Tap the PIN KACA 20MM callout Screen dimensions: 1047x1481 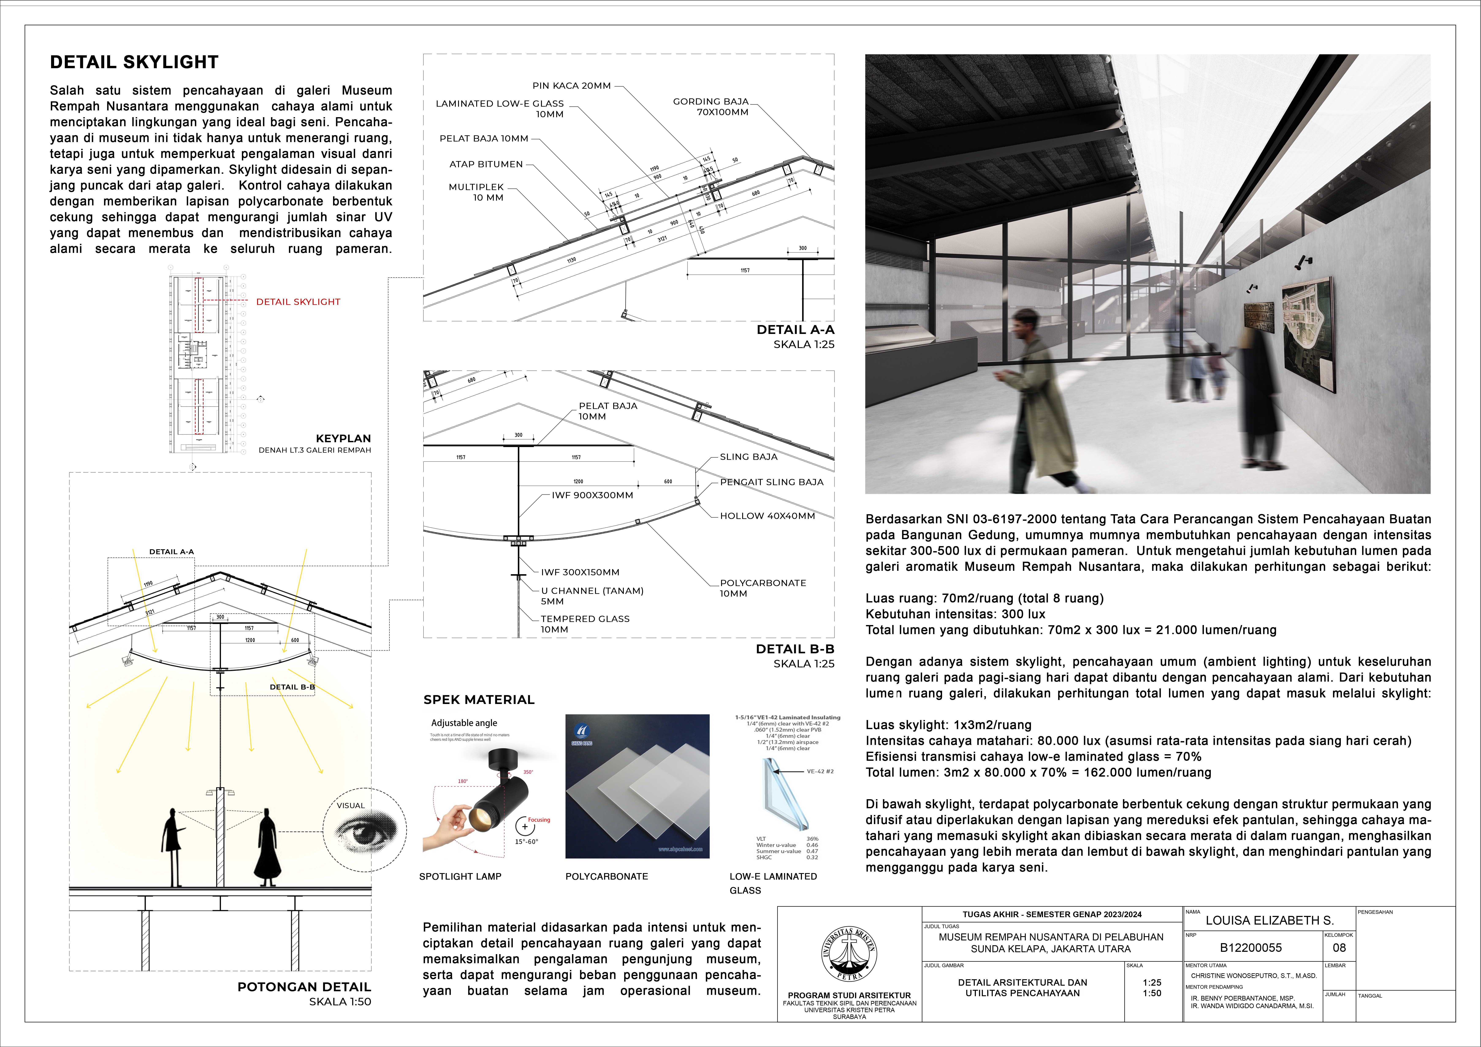(x=571, y=86)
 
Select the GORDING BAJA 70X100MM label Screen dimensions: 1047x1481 (x=711, y=106)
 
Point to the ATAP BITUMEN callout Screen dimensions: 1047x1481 (x=486, y=164)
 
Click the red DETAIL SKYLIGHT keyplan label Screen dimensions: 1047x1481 (x=298, y=302)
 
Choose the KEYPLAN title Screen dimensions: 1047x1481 (x=343, y=439)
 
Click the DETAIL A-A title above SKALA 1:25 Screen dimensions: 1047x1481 (x=795, y=330)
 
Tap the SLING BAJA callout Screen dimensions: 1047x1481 (x=748, y=457)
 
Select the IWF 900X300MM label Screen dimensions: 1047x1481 (x=592, y=495)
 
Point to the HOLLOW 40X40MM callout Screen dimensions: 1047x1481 (x=767, y=516)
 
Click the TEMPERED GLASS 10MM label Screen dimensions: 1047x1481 (x=585, y=624)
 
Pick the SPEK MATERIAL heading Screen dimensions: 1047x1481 (x=479, y=700)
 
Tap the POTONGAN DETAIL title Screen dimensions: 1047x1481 (x=304, y=987)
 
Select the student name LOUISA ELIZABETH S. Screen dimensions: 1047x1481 (x=1269, y=921)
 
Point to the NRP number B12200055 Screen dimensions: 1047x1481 (x=1251, y=948)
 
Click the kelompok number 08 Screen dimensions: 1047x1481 (x=1339, y=948)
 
